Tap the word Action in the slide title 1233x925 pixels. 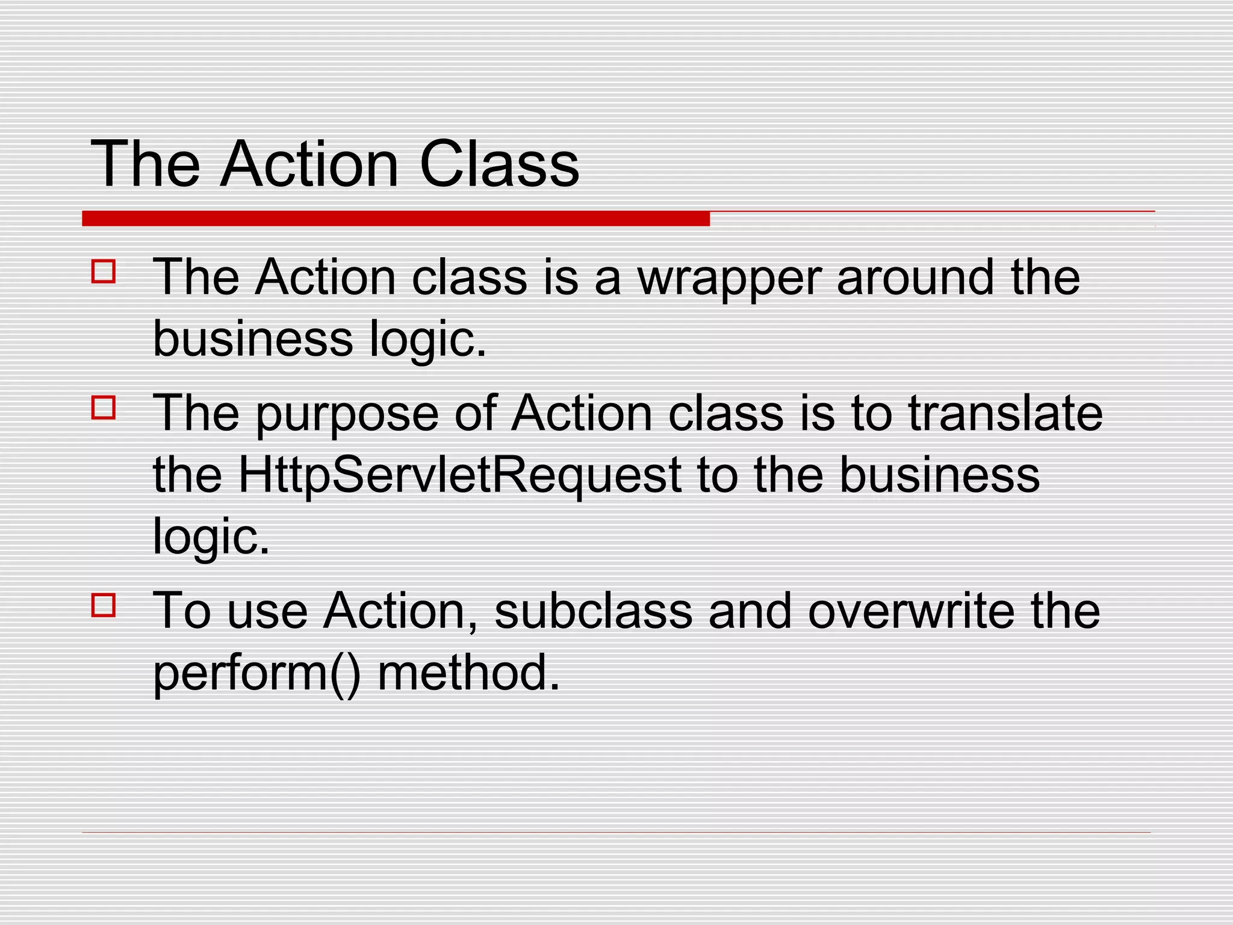(309, 164)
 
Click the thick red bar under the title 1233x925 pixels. (396, 219)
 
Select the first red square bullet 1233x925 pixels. (104, 272)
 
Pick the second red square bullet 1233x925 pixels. (104, 408)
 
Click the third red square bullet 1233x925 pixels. (104, 605)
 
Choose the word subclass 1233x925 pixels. (593, 611)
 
